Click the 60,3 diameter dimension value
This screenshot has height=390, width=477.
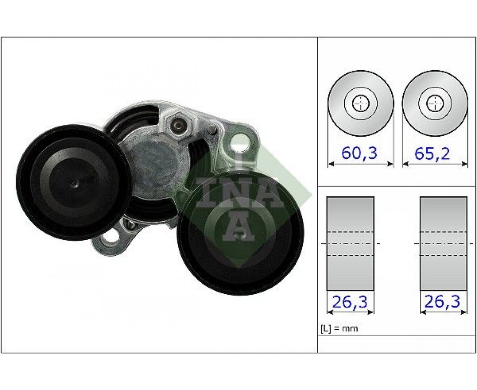pyautogui.click(x=359, y=153)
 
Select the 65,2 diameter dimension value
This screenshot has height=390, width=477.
pyautogui.click(x=432, y=153)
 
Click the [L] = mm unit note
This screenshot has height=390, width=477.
pyautogui.click(x=340, y=328)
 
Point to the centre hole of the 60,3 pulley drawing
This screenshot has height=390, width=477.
pyautogui.click(x=360, y=104)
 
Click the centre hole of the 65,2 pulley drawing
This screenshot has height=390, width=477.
pyautogui.click(x=435, y=104)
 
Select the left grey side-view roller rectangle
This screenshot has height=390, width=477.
pyautogui.click(x=350, y=244)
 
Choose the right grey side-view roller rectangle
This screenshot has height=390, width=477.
pyautogui.click(x=443, y=244)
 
